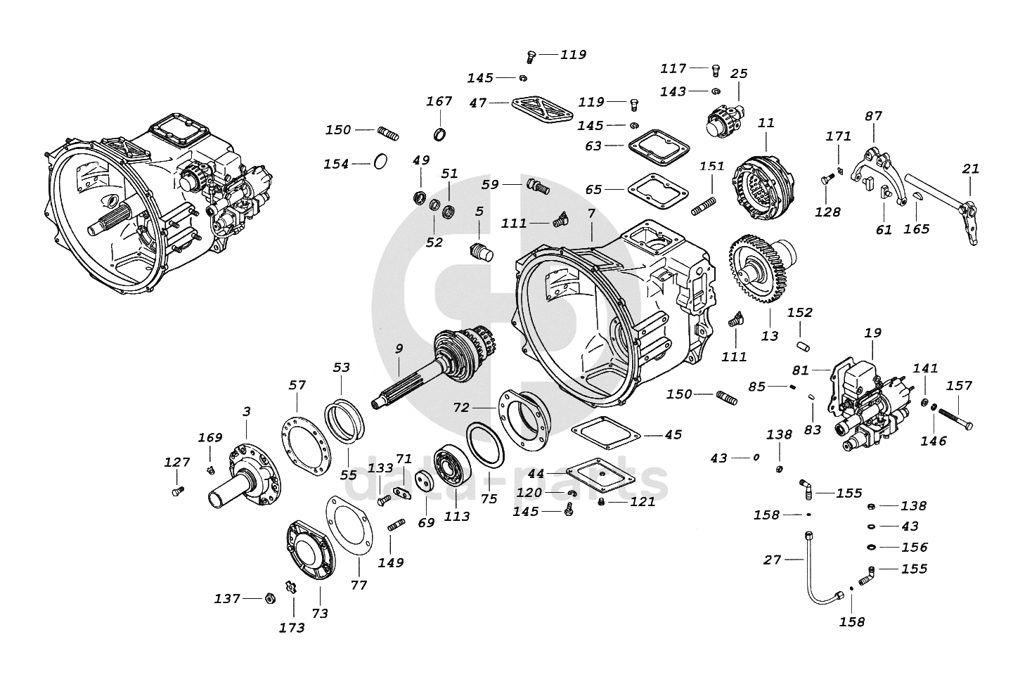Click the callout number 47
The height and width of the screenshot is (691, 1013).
[x=478, y=103]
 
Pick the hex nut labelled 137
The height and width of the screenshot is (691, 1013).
[x=268, y=599]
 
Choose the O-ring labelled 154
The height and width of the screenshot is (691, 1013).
[x=380, y=162]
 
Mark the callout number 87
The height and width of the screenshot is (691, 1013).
[x=873, y=117]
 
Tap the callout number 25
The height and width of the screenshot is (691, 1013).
[x=739, y=74]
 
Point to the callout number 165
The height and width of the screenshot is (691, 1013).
[x=916, y=228]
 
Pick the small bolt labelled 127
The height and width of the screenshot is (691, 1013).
[x=177, y=491]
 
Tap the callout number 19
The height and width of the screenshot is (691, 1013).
[x=873, y=332]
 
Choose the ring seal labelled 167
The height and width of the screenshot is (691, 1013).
[x=440, y=134]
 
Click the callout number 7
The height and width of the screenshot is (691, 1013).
[x=591, y=213]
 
